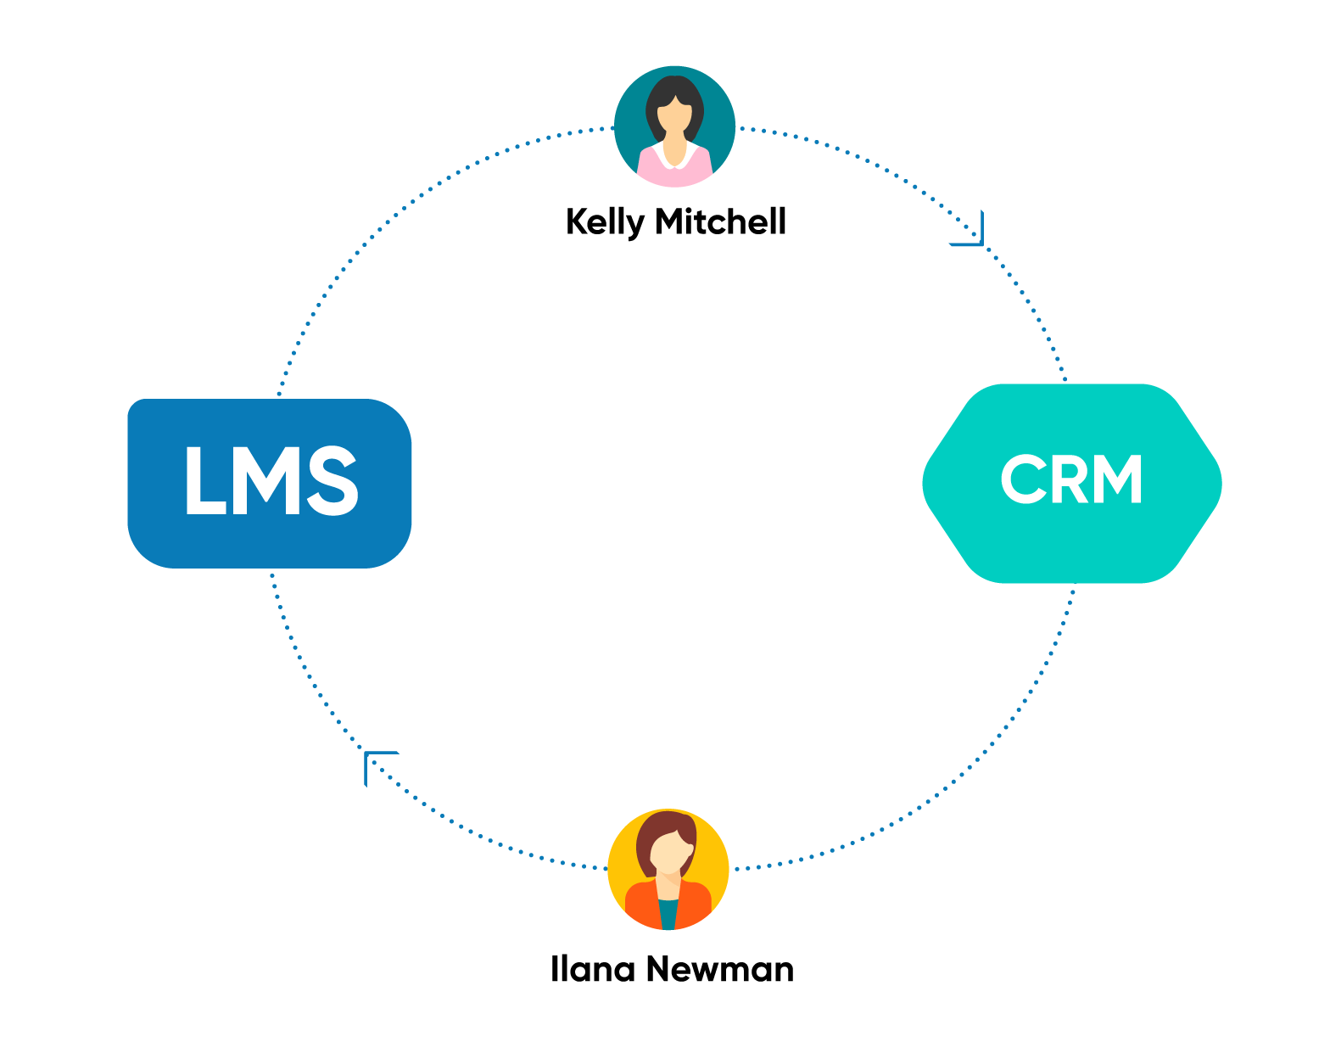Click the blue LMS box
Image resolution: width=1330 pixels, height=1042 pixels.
pyautogui.click(x=269, y=483)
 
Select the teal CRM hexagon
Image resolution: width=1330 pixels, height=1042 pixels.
pyautogui.click(x=1072, y=483)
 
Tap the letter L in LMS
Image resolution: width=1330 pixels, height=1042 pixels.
pyautogui.click(x=205, y=480)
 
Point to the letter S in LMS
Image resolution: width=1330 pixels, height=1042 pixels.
pyautogui.click(x=332, y=480)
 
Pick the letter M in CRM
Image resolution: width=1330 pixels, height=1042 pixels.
pyautogui.click(x=1118, y=479)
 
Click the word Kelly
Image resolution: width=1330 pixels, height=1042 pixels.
pyautogui.click(x=605, y=222)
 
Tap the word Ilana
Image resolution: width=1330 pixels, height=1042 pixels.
pyautogui.click(x=592, y=969)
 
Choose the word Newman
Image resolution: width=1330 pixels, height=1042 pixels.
pyautogui.click(x=720, y=970)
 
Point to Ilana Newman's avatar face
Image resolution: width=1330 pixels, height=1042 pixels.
pyautogui.click(x=669, y=852)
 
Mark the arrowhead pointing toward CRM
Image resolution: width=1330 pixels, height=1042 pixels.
pyautogui.click(x=972, y=232)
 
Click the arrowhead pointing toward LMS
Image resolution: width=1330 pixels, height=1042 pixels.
pyautogui.click(x=375, y=763)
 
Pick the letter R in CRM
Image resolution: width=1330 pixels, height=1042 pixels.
pyautogui.click(x=1071, y=479)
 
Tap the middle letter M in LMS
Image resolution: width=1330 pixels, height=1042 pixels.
pyautogui.click(x=266, y=480)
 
